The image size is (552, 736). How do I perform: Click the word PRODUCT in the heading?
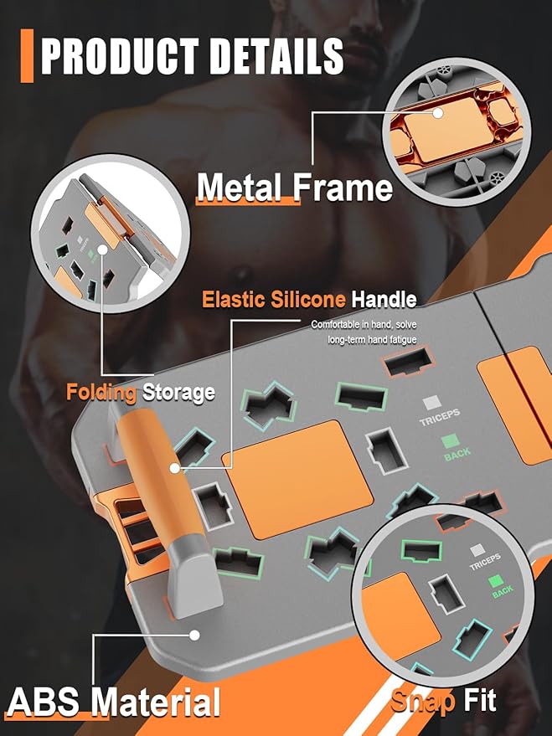point(120,56)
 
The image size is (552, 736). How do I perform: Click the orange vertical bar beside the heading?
point(28,56)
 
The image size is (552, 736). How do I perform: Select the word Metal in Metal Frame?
point(239,188)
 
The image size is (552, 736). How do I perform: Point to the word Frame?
point(343,188)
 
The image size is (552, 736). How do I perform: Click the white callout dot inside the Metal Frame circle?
point(437,113)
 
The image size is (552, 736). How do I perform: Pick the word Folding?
point(101,393)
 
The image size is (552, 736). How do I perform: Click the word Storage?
point(179,393)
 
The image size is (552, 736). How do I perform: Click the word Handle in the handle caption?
point(384,300)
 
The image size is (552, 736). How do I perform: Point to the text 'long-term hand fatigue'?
point(372,339)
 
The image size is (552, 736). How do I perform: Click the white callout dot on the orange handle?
point(174,468)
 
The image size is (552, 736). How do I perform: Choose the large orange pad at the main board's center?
point(297,479)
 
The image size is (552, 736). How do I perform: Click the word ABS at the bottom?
point(44,702)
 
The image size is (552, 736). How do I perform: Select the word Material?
point(156,702)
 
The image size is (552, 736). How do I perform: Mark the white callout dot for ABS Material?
point(194,635)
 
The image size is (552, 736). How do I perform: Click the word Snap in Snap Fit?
point(422,701)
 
